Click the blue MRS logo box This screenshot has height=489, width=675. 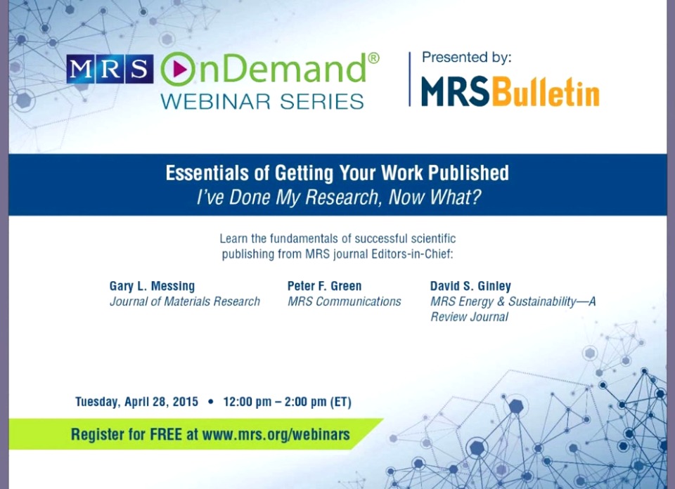[x=110, y=70]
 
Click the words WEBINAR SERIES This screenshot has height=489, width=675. [x=262, y=101]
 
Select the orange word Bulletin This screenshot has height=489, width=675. [x=546, y=92]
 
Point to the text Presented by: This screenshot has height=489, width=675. [x=466, y=58]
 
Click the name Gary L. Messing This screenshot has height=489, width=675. [x=152, y=286]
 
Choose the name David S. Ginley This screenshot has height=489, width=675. [x=470, y=286]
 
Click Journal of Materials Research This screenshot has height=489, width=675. [x=185, y=301]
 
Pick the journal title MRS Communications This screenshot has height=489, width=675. [x=344, y=301]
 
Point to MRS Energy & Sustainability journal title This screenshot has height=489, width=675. [x=513, y=301]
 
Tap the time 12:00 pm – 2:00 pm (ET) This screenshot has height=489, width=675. [x=287, y=402]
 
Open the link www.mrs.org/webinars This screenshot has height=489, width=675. [x=276, y=434]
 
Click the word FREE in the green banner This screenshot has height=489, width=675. [x=167, y=434]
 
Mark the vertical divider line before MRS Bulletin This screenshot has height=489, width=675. [x=410, y=79]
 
